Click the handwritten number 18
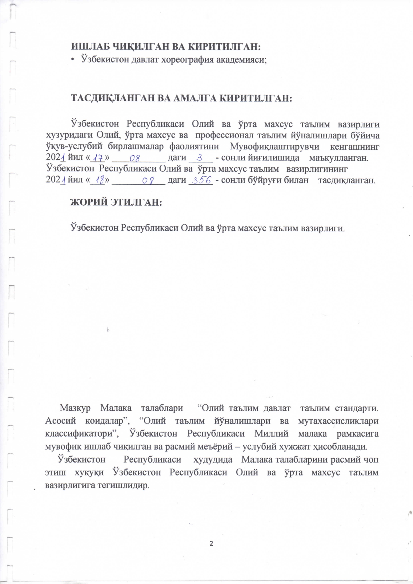[x=99, y=180]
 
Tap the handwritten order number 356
[x=201, y=180]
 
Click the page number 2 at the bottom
[x=211, y=544]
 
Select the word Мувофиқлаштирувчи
[x=274, y=146]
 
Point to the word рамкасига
[x=358, y=434]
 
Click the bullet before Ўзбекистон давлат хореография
[x=72, y=60]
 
